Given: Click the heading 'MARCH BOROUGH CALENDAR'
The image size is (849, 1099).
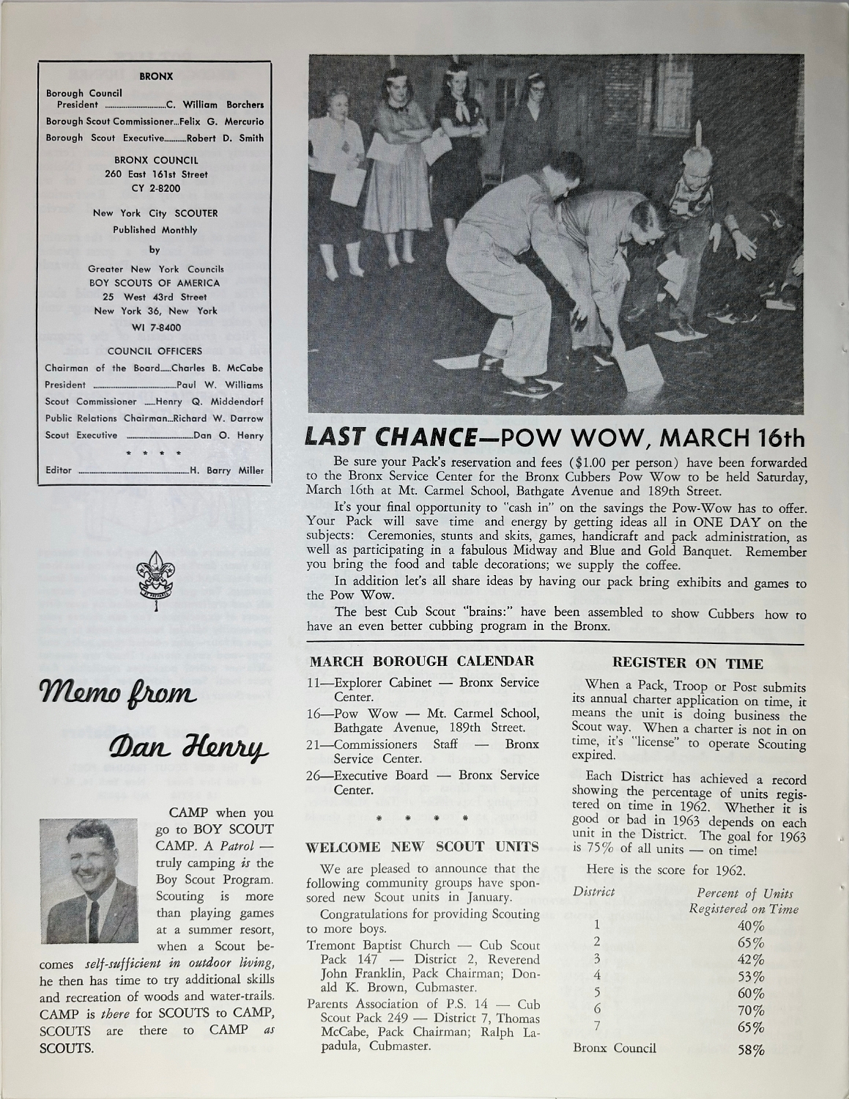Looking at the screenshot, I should click(x=421, y=661).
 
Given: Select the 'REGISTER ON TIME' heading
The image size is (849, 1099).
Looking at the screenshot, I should click(x=687, y=664).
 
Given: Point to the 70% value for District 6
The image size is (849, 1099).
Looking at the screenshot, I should click(x=751, y=1010).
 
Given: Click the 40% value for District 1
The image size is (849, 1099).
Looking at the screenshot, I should click(x=751, y=925).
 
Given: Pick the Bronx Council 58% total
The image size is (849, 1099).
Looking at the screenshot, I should click(x=751, y=1049).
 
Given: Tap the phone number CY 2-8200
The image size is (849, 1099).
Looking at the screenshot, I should click(x=155, y=188).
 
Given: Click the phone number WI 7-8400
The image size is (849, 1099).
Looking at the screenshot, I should click(x=155, y=327).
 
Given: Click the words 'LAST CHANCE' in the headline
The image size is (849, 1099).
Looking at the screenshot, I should click(x=386, y=437).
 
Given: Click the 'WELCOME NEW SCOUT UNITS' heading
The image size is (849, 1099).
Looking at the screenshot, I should click(x=422, y=847).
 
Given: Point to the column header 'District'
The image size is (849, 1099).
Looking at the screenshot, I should click(x=594, y=892).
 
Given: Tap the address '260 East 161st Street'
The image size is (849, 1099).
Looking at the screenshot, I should click(x=155, y=174).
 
